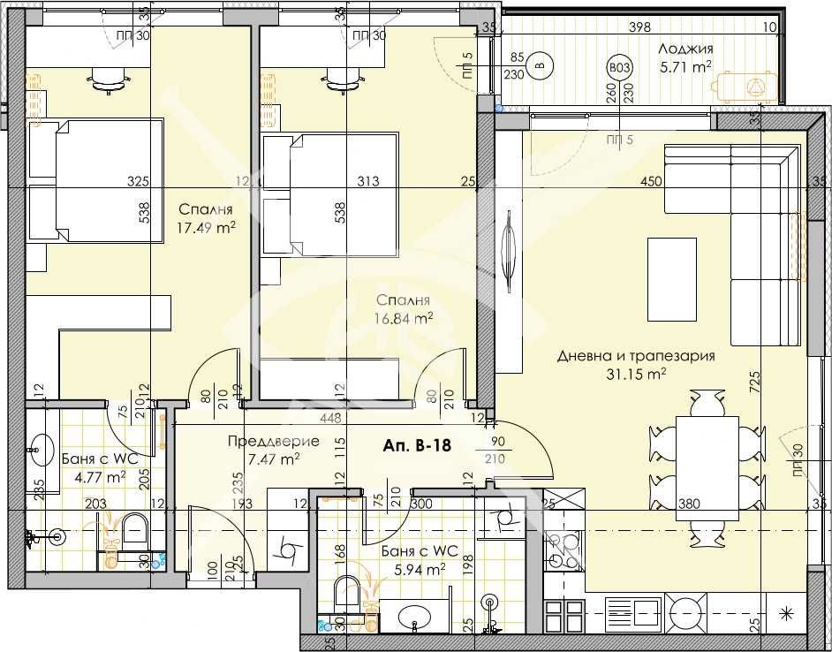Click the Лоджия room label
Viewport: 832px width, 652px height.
(685, 49)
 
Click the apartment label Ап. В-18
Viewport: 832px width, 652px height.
(418, 445)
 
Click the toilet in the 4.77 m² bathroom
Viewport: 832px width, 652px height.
(135, 530)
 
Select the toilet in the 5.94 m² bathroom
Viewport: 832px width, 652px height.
(347, 592)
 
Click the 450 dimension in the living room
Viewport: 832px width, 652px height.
(652, 182)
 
